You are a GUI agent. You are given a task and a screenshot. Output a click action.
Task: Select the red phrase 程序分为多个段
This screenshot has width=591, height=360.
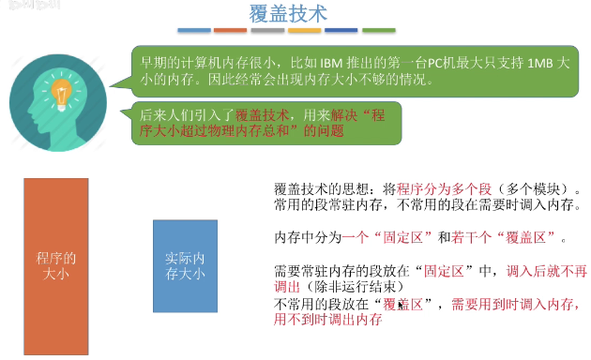(x=441, y=187)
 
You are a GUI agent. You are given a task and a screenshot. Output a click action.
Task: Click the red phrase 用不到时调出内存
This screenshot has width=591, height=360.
(x=327, y=319)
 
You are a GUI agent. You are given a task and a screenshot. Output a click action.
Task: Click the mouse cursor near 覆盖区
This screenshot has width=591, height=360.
(x=402, y=306)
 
